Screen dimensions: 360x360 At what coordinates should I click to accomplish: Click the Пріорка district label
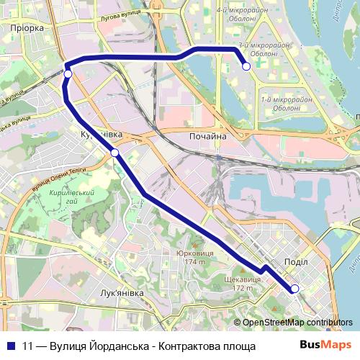[x=27, y=27]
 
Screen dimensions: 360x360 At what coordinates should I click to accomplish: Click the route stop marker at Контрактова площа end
[x=294, y=289]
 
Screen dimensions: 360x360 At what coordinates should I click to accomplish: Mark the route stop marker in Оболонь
[x=246, y=66]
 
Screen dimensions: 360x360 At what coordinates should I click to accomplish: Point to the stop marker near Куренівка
[x=114, y=152]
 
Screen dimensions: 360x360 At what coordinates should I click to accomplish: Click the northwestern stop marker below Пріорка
[x=68, y=73]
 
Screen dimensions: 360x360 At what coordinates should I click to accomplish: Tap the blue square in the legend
[x=11, y=345]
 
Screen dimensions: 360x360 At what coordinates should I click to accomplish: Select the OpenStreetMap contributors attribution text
[x=297, y=323]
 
